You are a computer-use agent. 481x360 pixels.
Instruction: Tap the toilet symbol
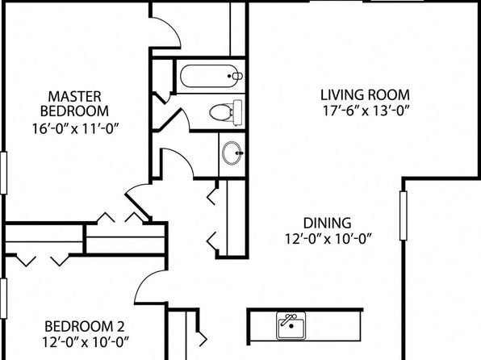coord(226,112)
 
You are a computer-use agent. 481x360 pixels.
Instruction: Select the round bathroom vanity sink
coord(232,153)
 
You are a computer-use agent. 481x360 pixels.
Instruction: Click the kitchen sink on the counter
coord(291,325)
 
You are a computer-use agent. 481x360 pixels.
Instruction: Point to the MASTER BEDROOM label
coord(74,104)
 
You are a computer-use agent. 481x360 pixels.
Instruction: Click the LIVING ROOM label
coord(365,94)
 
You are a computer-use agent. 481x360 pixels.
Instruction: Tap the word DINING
coord(328,223)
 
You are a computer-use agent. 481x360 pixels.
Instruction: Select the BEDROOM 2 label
coord(85,326)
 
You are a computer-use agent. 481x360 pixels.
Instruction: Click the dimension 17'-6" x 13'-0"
coord(366,111)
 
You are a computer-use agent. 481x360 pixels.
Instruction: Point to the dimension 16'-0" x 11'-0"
coord(75,128)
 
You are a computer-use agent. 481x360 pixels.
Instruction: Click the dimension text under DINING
coord(328,238)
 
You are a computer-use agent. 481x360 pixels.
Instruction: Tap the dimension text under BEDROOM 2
coord(86,341)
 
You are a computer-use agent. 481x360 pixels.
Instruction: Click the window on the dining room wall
coord(404,216)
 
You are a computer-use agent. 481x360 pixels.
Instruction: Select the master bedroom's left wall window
coord(3,173)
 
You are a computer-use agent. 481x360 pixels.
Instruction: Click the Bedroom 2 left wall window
coord(3,299)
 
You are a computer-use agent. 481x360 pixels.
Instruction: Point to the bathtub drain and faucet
coord(236,76)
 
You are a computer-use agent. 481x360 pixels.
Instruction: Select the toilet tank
coord(238,112)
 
